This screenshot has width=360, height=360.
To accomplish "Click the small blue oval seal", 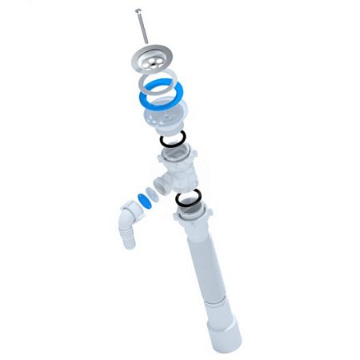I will click(x=146, y=199).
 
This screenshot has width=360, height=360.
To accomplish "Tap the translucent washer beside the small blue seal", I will click(x=134, y=205).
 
